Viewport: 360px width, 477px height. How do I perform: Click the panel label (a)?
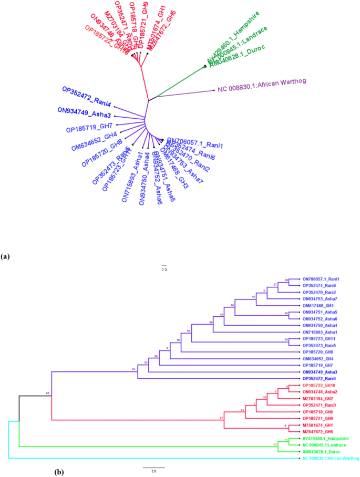[x=6, y=257]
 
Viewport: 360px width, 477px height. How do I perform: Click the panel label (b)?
[x=59, y=472]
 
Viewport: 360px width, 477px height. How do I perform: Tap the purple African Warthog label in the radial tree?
[x=262, y=85]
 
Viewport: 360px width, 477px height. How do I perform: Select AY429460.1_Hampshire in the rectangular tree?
[x=326, y=437]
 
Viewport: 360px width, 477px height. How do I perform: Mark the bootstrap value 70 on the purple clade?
[x=188, y=331]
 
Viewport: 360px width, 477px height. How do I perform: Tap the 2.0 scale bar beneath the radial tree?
[x=163, y=268]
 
